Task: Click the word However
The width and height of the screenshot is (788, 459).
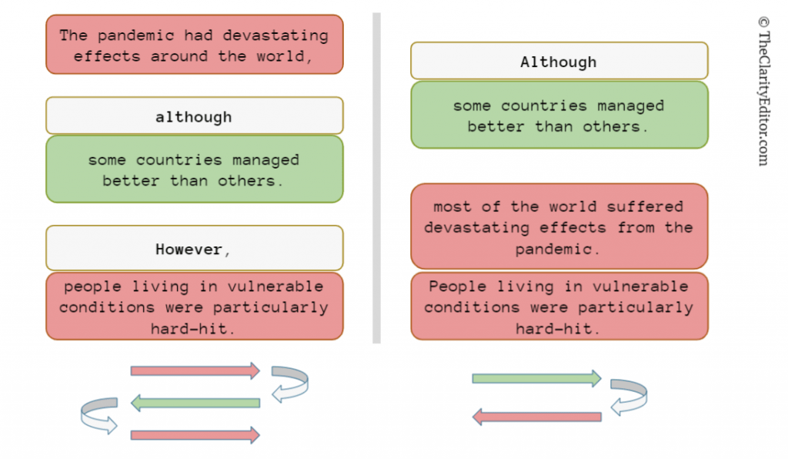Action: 189,250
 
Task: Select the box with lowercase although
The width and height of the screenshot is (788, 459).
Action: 195,116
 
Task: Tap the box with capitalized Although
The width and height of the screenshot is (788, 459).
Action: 559,61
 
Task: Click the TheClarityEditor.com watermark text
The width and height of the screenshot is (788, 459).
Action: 764,92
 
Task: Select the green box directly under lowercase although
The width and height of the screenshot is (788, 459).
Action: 195,169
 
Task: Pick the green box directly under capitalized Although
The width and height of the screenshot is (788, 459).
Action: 559,115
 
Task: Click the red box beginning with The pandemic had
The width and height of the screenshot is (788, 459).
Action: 195,44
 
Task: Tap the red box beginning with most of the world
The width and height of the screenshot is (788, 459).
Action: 559,226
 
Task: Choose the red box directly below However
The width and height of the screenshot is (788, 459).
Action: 195,307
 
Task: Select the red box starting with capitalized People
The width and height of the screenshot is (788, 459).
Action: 559,307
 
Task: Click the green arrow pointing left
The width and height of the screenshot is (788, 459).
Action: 195,403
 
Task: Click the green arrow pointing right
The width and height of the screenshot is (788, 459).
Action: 536,379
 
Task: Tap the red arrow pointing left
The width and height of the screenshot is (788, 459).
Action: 536,417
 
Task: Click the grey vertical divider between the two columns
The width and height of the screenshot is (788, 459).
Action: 376,178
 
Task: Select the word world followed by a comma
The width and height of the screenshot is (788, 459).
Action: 285,55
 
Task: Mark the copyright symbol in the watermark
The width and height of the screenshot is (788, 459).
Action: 764,22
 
